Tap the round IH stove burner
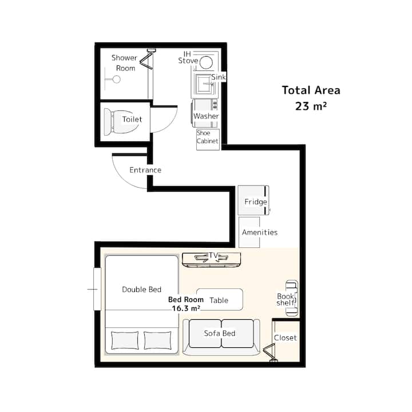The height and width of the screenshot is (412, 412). (x=206, y=62)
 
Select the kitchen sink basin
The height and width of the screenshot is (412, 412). (x=204, y=84)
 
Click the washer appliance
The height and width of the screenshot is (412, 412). (x=205, y=113)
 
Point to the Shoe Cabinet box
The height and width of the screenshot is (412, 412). (x=208, y=140)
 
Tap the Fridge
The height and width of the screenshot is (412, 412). (x=253, y=200)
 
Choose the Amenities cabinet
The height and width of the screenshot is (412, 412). (x=249, y=232)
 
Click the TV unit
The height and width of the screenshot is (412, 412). (x=212, y=260)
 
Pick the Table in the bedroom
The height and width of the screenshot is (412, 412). (x=220, y=299)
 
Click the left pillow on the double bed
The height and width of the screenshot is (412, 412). (x=125, y=340)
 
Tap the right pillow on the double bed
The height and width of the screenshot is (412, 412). (x=157, y=340)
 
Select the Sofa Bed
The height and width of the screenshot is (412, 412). (x=221, y=337)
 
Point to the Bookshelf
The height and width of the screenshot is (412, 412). (x=292, y=298)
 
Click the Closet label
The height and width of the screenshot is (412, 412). (x=286, y=338)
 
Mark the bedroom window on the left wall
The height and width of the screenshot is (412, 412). (x=97, y=289)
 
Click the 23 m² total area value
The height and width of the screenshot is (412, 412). (x=311, y=106)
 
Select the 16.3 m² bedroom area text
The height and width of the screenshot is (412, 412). (x=186, y=308)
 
